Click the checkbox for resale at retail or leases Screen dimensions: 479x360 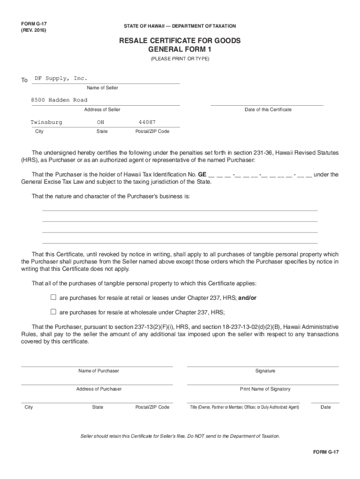pyautogui.click(x=53, y=297)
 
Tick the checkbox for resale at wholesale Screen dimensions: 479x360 pyautogui.click(x=53, y=312)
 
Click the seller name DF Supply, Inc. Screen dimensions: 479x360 pyautogui.click(x=61, y=78)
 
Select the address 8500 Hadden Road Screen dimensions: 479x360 pyautogui.click(x=59, y=100)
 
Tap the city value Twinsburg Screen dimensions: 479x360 pyautogui.click(x=46, y=122)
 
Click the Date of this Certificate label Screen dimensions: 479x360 pyautogui.click(x=268, y=109)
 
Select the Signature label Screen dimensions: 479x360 pyautogui.click(x=265, y=371)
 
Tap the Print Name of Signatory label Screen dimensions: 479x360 pyautogui.click(x=265, y=389)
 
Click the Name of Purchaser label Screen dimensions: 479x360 pyautogui.click(x=99, y=371)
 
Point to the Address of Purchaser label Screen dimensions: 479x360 pyautogui.click(x=99, y=389)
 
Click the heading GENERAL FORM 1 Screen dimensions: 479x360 pyautogui.click(x=180, y=50)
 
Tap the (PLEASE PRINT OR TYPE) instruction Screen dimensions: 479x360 pyautogui.click(x=180, y=59)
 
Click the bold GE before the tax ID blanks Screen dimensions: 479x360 pyautogui.click(x=202, y=174)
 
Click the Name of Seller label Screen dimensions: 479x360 pyautogui.click(x=102, y=88)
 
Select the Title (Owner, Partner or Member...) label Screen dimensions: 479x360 pyautogui.click(x=244, y=407)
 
